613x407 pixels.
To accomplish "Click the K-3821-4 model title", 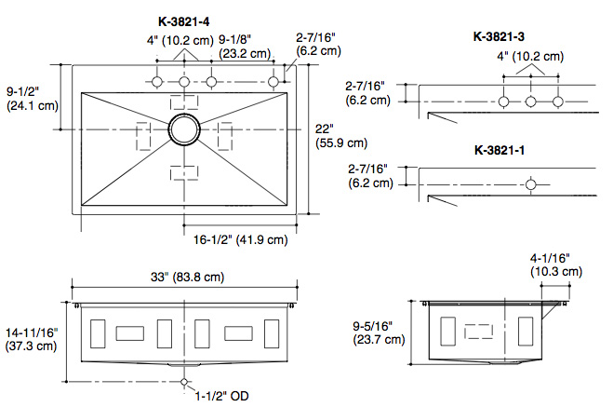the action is pyautogui.click(x=184, y=21).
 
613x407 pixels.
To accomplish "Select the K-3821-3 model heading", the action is pyautogui.click(x=499, y=36).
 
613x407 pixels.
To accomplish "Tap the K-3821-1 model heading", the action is pyautogui.click(x=500, y=150).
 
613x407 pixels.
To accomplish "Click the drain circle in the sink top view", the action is pyautogui.click(x=184, y=129).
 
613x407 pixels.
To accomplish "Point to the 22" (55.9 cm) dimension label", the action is pyautogui.click(x=341, y=136).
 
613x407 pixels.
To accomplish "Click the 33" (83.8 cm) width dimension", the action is pyautogui.click(x=188, y=277).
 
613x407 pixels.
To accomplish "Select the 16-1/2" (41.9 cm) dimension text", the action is pyautogui.click(x=241, y=239).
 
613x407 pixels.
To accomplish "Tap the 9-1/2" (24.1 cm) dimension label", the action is pyautogui.click(x=33, y=99).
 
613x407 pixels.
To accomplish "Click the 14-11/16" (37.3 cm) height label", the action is pyautogui.click(x=32, y=339).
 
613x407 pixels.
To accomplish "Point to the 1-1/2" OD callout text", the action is pyautogui.click(x=221, y=396).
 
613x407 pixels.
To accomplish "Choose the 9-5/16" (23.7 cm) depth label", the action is pyautogui.click(x=379, y=332).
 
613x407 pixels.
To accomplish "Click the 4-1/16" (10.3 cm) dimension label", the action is pyautogui.click(x=556, y=265).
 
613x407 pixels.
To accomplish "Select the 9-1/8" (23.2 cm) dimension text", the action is pyautogui.click(x=245, y=47).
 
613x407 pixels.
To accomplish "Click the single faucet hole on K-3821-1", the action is pyautogui.click(x=530, y=184).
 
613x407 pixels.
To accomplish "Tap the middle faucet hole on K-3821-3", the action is pyautogui.click(x=530, y=102).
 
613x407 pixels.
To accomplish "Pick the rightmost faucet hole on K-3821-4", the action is pyautogui.click(x=273, y=82).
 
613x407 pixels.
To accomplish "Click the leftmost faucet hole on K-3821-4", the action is pyautogui.click(x=157, y=82).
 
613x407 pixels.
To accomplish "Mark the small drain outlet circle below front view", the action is pyautogui.click(x=184, y=382).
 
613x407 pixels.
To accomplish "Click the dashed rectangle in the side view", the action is pyautogui.click(x=478, y=332).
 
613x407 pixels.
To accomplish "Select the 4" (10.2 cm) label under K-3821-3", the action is pyautogui.click(x=530, y=57).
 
